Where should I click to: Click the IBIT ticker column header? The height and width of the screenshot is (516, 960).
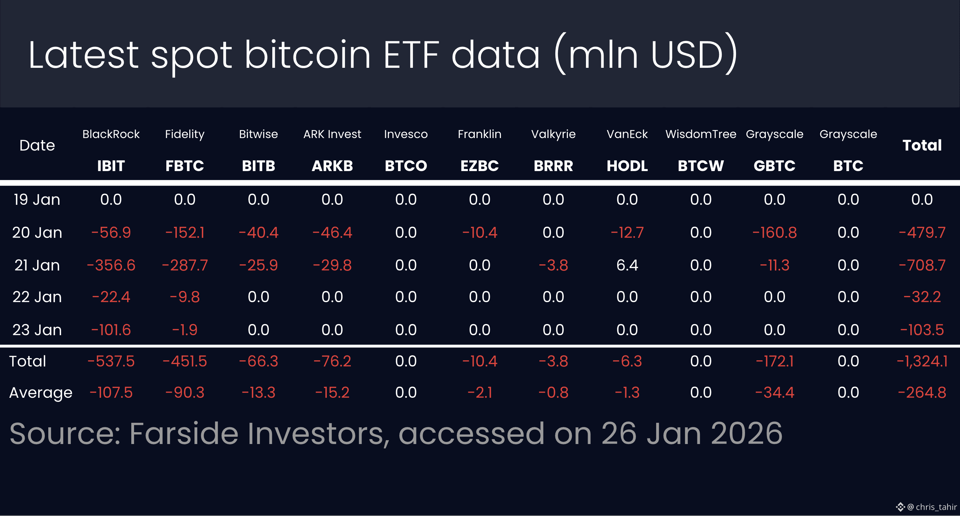click(111, 166)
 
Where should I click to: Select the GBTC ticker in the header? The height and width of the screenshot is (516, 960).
click(775, 166)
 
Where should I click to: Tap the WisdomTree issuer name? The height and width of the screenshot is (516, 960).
click(701, 134)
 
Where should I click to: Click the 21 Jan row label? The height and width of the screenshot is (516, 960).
click(37, 265)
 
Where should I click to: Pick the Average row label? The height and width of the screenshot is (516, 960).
click(41, 393)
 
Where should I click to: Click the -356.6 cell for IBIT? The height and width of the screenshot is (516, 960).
click(111, 265)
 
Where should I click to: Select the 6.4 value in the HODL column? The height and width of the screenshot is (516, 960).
click(627, 265)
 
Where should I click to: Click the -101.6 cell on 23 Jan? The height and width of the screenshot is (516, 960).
click(111, 330)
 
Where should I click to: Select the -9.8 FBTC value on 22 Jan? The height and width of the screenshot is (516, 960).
click(185, 297)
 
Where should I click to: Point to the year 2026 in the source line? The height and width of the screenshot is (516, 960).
click(746, 434)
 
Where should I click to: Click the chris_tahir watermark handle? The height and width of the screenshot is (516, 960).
click(936, 507)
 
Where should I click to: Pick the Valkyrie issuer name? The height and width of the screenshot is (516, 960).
click(553, 134)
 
